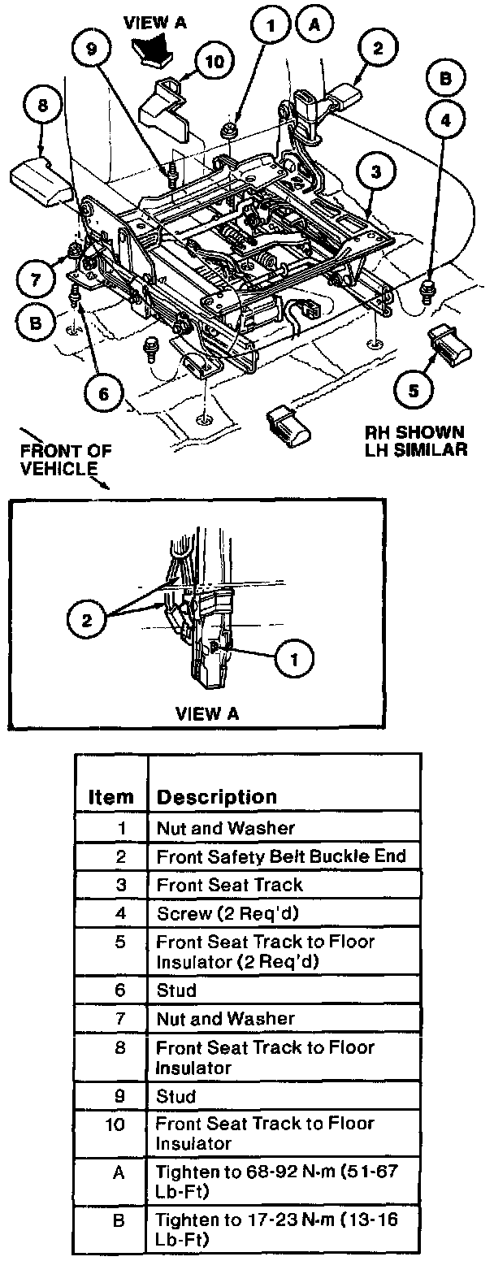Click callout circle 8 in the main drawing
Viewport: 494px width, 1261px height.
(43, 106)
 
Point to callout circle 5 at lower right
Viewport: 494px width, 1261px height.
(414, 390)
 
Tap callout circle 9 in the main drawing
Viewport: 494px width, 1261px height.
(91, 48)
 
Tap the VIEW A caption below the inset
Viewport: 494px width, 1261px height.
(207, 713)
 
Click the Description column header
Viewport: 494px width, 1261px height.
(216, 796)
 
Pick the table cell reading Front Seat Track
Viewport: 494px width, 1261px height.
(230, 884)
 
